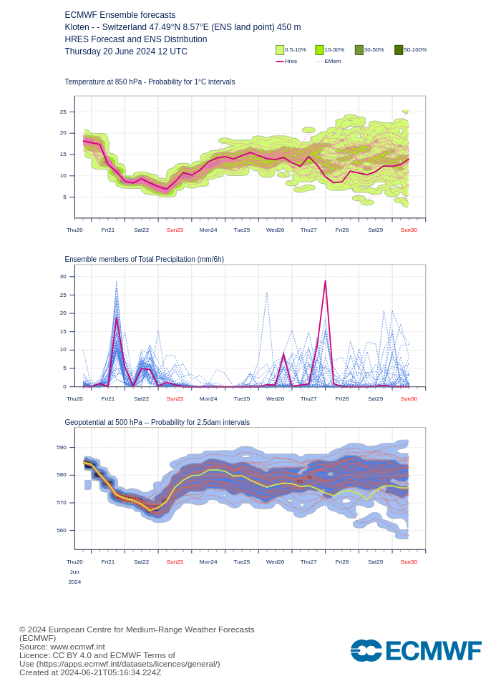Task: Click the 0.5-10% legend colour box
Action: point(280,50)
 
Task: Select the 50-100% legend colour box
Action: point(399,50)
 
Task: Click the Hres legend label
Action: point(291,62)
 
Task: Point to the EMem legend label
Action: point(333,62)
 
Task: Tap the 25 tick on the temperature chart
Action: point(63,112)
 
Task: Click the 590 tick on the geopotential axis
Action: point(62,447)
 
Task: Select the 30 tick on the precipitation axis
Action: point(63,276)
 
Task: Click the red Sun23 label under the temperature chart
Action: point(175,230)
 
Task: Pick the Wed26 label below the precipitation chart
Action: point(275,398)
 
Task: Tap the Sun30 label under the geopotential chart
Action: point(409,562)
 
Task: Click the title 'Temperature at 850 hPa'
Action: point(107,82)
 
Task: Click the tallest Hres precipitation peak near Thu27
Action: point(326,281)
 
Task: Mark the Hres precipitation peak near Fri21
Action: point(117,318)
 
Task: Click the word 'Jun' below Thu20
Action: point(74,572)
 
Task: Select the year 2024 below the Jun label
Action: point(74,582)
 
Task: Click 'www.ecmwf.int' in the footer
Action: point(79,647)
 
